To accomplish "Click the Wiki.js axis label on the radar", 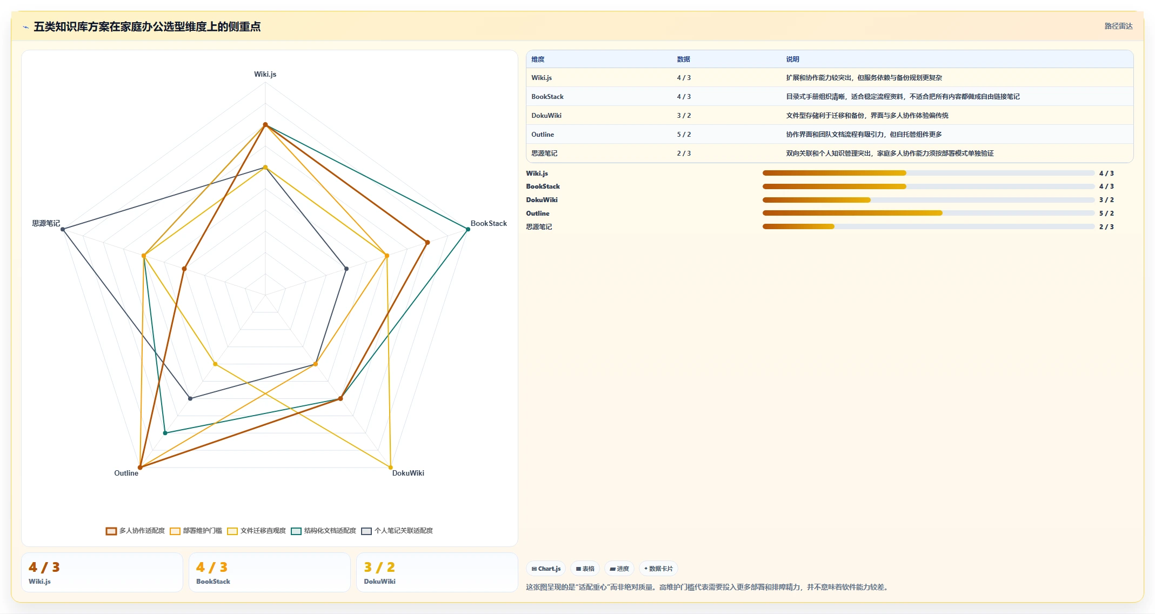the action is (x=265, y=74).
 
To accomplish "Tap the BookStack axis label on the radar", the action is (x=489, y=223).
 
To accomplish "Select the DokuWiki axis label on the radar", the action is (x=408, y=473).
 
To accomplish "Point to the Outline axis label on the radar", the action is (x=126, y=473).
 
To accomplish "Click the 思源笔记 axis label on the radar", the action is (x=46, y=223).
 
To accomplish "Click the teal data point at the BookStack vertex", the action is (x=468, y=229).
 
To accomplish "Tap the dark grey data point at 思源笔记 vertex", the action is (x=63, y=229).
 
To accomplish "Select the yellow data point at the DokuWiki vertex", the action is (x=391, y=467).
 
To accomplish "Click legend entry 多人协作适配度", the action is (x=136, y=531).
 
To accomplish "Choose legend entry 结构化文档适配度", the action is (x=324, y=531).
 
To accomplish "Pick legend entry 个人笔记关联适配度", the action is (x=397, y=531).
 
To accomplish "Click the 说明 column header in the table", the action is (x=792, y=59).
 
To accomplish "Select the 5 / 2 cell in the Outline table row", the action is (x=684, y=135).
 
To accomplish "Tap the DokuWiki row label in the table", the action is (x=546, y=116).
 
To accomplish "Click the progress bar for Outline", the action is (x=929, y=213).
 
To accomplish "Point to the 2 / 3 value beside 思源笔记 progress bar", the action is (x=1106, y=227).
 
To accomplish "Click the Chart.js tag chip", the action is (x=546, y=569).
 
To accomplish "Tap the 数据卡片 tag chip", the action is (x=658, y=569).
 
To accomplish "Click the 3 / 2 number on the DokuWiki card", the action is (x=379, y=567).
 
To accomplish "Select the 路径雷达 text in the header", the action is (x=1118, y=26).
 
